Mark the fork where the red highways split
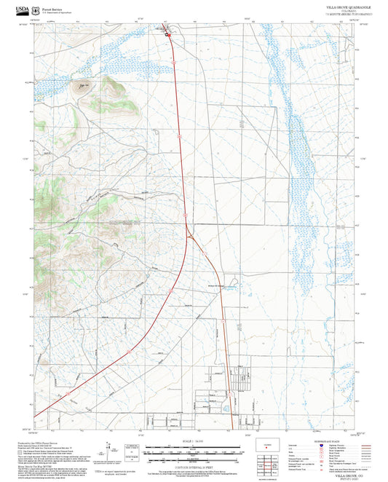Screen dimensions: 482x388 (189, 231)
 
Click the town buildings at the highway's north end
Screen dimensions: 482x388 (166, 31)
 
